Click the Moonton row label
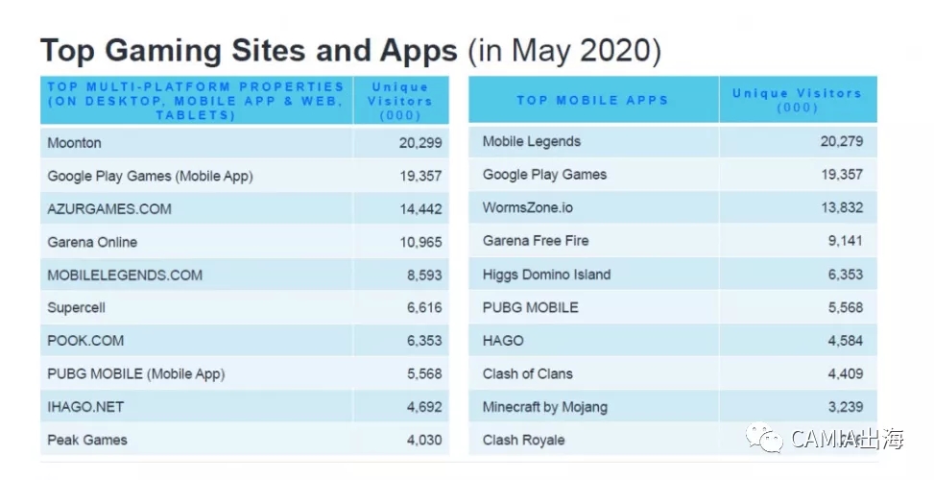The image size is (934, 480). point(74,143)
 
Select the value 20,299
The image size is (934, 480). point(420,143)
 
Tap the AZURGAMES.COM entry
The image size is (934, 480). point(109,209)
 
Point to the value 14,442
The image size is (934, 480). point(420,209)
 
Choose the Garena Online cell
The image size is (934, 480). point(92,242)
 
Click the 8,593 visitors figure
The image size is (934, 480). point(424,275)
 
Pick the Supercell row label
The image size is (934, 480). point(76,308)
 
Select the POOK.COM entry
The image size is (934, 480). point(85,341)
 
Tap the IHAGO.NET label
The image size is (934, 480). point(85,406)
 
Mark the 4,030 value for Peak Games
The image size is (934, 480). point(424,440)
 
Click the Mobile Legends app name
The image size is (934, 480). point(531,141)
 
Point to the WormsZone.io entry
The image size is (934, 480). point(527,207)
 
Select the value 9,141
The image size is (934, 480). point(845,241)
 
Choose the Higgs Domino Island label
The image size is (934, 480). point(546,275)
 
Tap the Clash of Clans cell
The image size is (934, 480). point(527,373)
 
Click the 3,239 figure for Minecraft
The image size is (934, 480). point(845,406)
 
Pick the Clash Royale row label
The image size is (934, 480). point(523,440)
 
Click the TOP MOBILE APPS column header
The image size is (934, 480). point(592,100)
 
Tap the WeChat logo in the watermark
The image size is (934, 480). point(768,439)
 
